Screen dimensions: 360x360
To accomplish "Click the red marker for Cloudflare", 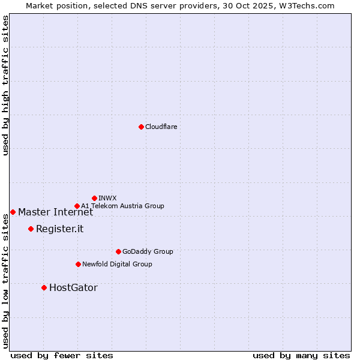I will click(x=141, y=127).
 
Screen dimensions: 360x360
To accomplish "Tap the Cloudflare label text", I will click(x=161, y=127).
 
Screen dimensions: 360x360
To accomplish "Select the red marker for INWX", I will click(x=94, y=198).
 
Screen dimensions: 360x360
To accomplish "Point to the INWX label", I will click(x=107, y=198).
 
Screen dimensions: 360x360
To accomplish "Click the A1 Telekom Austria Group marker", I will click(x=77, y=206).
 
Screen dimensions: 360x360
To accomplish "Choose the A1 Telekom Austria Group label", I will click(x=122, y=206).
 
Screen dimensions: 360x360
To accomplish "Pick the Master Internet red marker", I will click(x=13, y=212).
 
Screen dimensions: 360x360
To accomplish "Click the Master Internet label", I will click(x=55, y=212).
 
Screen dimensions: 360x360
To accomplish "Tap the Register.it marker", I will click(x=31, y=229).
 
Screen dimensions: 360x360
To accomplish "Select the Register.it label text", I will click(x=59, y=229).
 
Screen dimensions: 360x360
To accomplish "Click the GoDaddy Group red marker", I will click(x=118, y=251).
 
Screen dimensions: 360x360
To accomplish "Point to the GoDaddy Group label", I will click(x=147, y=251).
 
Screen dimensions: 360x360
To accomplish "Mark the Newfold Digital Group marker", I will click(x=78, y=264).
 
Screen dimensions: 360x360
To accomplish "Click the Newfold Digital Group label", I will click(x=117, y=264).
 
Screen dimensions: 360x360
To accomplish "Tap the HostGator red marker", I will click(x=44, y=287).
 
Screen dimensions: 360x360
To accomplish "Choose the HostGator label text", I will click(x=73, y=287).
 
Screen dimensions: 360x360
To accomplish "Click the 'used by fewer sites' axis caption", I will click(x=62, y=355).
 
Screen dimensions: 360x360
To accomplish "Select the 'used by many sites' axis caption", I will click(x=301, y=355).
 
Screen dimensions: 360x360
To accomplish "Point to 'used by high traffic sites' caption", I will click(x=5, y=85).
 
